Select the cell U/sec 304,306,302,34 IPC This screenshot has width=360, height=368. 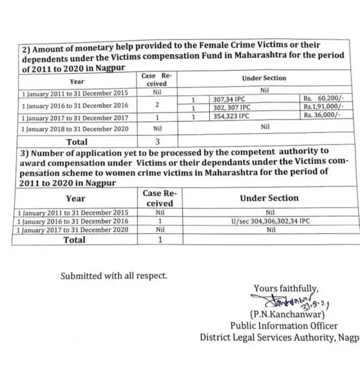(269, 221)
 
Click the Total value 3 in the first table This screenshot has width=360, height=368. (158, 142)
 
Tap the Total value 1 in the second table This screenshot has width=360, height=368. (160, 240)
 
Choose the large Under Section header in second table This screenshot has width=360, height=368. (269, 198)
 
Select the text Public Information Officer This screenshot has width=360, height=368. (284, 325)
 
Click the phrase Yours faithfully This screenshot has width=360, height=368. (286, 289)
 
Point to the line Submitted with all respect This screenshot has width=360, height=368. (114, 276)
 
